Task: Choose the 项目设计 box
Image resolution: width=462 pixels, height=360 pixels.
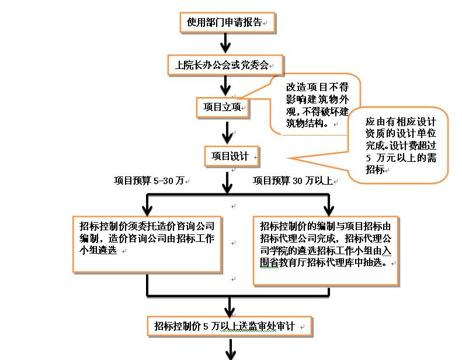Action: coord(230,156)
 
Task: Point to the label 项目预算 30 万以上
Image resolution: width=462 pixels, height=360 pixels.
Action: coord(293,181)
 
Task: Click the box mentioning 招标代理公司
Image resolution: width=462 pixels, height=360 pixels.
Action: coord(326,250)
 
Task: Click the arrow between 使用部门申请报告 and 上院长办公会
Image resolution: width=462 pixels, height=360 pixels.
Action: coord(226,43)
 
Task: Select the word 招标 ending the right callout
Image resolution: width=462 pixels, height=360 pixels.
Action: coord(375,169)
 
